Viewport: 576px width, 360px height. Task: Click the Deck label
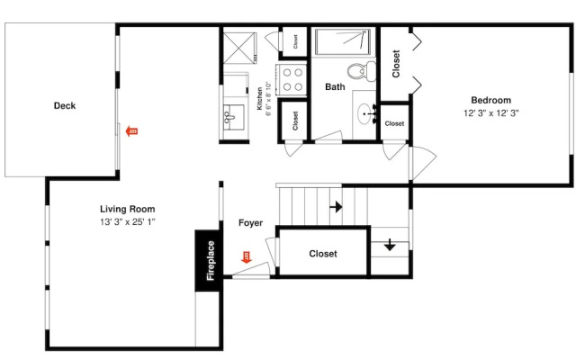pos(65,106)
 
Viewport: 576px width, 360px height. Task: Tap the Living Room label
pos(128,209)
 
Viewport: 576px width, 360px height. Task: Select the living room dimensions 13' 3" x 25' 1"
pos(128,222)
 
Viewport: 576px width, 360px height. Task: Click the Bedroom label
pos(490,100)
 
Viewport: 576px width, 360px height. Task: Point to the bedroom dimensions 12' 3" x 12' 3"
pos(490,113)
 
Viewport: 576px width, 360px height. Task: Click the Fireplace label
pos(210,260)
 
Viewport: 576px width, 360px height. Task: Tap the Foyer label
pos(250,223)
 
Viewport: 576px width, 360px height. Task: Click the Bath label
pos(335,87)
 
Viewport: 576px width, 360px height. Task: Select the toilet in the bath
pos(362,71)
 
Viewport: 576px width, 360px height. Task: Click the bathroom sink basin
pos(364,114)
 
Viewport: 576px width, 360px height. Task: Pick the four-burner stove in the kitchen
pos(292,80)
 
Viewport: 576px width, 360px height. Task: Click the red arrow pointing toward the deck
pos(131,131)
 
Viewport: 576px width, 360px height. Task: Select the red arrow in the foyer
pos(246,257)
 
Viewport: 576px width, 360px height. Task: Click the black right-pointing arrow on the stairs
pos(336,207)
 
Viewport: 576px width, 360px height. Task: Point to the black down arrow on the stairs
pos(390,245)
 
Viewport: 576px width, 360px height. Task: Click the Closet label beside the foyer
pos(323,254)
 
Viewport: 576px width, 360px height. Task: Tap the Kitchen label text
pos(260,98)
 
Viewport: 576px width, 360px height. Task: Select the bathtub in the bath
pos(343,42)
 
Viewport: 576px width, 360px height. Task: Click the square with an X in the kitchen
pos(239,48)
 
